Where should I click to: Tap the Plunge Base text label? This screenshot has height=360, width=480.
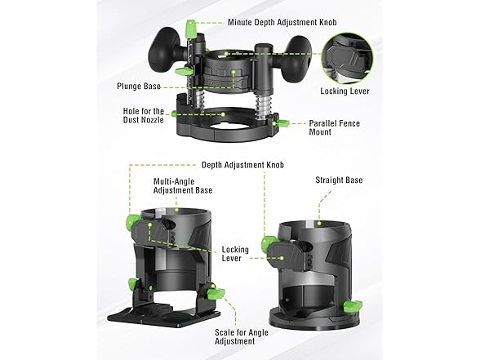tap(140, 84)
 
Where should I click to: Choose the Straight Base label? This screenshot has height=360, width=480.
tap(339, 180)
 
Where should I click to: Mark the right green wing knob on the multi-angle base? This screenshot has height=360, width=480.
tap(216, 291)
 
